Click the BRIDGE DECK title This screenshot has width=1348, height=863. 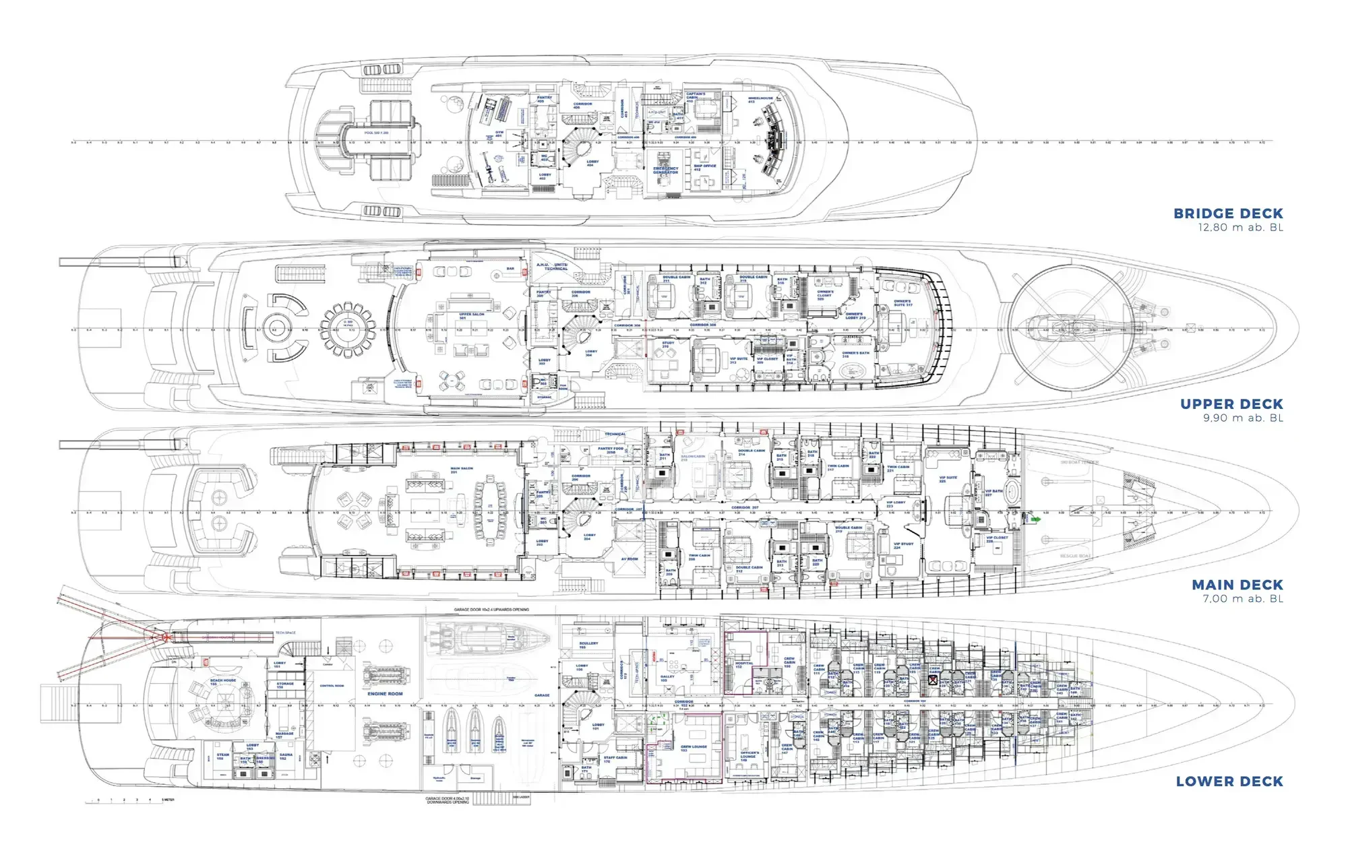click(x=1228, y=214)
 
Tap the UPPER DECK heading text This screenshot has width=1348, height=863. click(x=1231, y=404)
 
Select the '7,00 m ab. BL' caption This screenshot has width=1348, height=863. click(x=1243, y=599)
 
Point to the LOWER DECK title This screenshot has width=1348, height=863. click(x=1229, y=781)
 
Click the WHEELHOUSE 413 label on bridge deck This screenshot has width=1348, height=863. click(x=760, y=100)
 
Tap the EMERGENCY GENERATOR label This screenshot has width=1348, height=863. click(x=665, y=170)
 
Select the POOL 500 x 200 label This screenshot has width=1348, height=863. click(x=376, y=133)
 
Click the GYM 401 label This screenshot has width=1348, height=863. click(x=499, y=133)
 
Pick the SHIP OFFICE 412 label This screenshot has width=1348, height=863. click(x=705, y=167)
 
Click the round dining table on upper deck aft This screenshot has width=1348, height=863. click(x=348, y=330)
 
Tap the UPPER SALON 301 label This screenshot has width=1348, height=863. click(x=472, y=316)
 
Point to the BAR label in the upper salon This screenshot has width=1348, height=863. click(x=510, y=269)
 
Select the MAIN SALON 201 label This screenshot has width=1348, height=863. click(x=462, y=470)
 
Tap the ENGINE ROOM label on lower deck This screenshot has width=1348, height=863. click(x=385, y=693)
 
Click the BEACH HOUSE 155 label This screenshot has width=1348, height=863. click(x=223, y=682)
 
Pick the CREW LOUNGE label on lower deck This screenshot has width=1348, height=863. click(x=694, y=747)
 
